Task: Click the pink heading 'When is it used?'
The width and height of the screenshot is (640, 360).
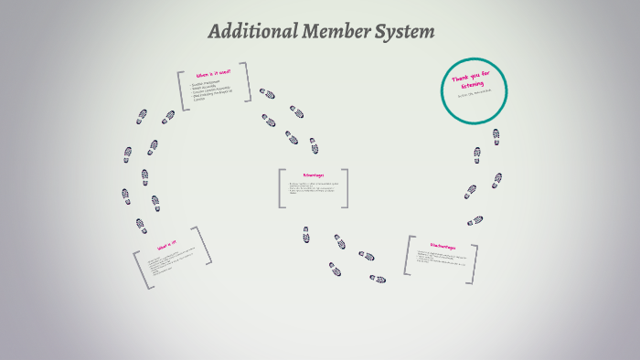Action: [213, 73]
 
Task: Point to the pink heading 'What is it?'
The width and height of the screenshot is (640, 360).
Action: [166, 245]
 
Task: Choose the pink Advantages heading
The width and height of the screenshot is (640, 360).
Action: [313, 175]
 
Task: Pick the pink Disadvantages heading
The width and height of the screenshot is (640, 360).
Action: [443, 246]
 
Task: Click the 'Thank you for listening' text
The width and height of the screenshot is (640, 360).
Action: [473, 79]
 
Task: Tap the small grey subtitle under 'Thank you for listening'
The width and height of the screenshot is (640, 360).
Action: [473, 93]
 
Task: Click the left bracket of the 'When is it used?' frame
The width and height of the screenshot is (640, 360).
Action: [182, 91]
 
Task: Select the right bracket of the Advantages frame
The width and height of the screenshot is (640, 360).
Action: [345, 187]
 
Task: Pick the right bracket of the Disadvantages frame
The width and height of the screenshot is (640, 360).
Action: [474, 262]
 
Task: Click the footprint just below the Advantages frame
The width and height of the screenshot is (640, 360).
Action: [306, 235]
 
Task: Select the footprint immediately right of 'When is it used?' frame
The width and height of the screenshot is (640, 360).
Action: [266, 93]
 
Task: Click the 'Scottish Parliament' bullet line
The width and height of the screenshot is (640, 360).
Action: [208, 84]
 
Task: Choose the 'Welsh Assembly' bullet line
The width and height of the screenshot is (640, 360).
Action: [206, 88]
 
